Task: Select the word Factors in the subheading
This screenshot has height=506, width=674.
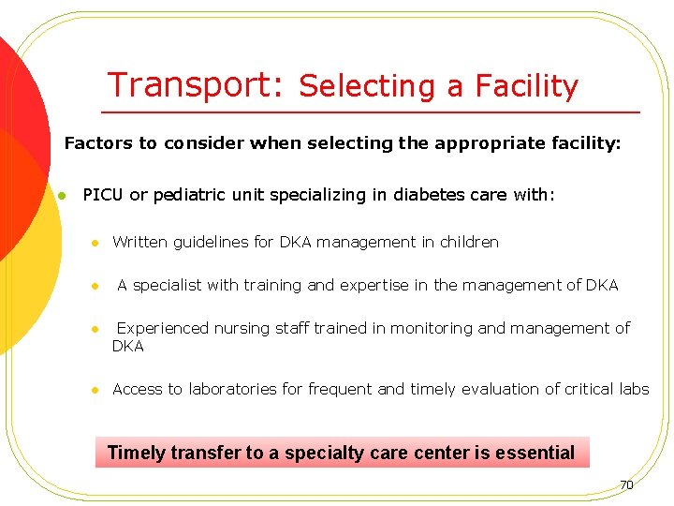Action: (x=97, y=143)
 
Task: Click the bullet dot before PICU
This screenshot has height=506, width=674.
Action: (x=59, y=196)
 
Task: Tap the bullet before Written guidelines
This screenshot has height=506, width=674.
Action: (x=95, y=243)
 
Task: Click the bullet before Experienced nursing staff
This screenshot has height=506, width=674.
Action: (x=95, y=329)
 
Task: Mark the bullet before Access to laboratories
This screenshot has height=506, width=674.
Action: (x=95, y=390)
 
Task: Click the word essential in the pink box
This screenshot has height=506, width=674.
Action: (x=535, y=453)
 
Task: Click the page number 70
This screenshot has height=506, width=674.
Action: (x=626, y=485)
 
